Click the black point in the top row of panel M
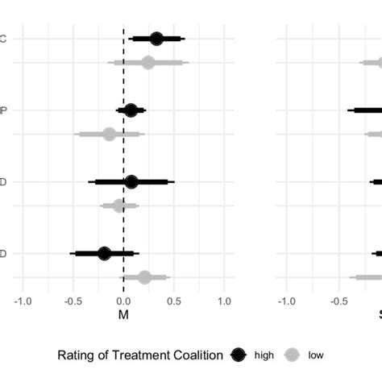156,39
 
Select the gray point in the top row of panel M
147,62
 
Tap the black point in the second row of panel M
131,110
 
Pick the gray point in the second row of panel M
109,134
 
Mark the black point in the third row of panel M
131,182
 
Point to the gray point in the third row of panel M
119,206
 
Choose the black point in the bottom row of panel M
104,253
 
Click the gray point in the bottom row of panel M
144,277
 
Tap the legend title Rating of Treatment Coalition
137,354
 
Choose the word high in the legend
264,354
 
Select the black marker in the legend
239,354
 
